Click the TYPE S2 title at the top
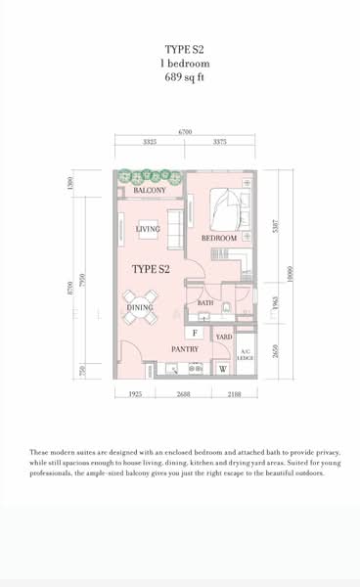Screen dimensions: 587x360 click(x=186, y=46)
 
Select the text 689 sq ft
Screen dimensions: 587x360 click(x=186, y=74)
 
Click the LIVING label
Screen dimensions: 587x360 click(x=148, y=230)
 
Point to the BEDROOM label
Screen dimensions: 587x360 click(x=219, y=238)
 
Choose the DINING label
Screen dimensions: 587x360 click(x=140, y=308)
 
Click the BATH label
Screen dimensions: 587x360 click(x=205, y=303)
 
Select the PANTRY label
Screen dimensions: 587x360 click(x=185, y=349)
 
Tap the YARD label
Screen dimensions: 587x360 click(x=224, y=338)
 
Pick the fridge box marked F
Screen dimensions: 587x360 click(x=195, y=334)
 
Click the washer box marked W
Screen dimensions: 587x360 click(x=223, y=369)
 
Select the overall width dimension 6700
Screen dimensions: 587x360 click(x=185, y=131)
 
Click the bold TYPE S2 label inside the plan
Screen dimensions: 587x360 click(x=152, y=268)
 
